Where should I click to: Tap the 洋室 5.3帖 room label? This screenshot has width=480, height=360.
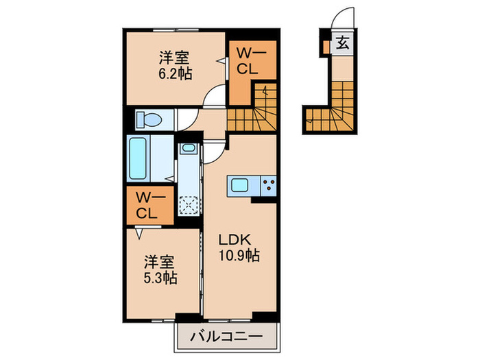[x=160, y=269]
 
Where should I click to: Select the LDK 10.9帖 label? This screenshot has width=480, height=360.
[x=238, y=248]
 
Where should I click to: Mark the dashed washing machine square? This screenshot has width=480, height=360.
[x=188, y=204]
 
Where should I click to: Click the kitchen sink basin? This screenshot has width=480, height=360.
[x=241, y=184]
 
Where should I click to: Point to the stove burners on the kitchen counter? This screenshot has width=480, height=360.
[x=267, y=184]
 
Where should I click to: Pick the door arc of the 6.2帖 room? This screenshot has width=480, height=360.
[x=215, y=96]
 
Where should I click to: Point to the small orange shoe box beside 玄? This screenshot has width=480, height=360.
[x=326, y=46]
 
